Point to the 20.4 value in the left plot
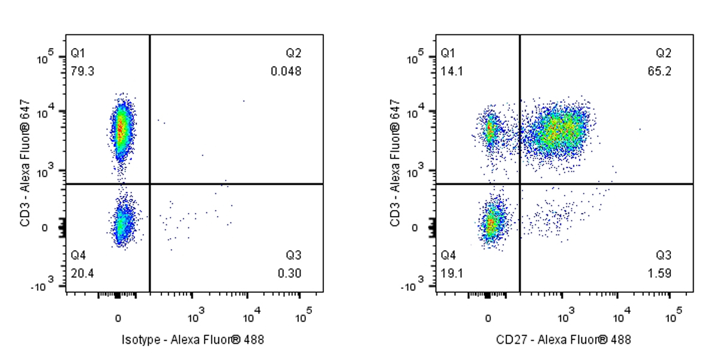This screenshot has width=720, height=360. [x=82, y=274]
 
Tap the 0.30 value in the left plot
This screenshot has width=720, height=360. [x=290, y=274]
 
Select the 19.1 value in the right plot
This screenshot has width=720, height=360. [x=452, y=274]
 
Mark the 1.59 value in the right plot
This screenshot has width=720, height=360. [x=659, y=274]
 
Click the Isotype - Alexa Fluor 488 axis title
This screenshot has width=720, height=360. [x=193, y=340]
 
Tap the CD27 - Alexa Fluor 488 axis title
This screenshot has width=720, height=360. [x=563, y=340]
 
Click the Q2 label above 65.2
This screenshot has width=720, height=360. [x=663, y=53]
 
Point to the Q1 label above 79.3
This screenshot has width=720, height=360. [x=78, y=53]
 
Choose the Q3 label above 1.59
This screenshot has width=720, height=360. [x=663, y=254]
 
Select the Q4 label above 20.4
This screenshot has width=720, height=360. [x=78, y=254]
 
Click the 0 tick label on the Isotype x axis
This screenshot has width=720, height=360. [x=118, y=317]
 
